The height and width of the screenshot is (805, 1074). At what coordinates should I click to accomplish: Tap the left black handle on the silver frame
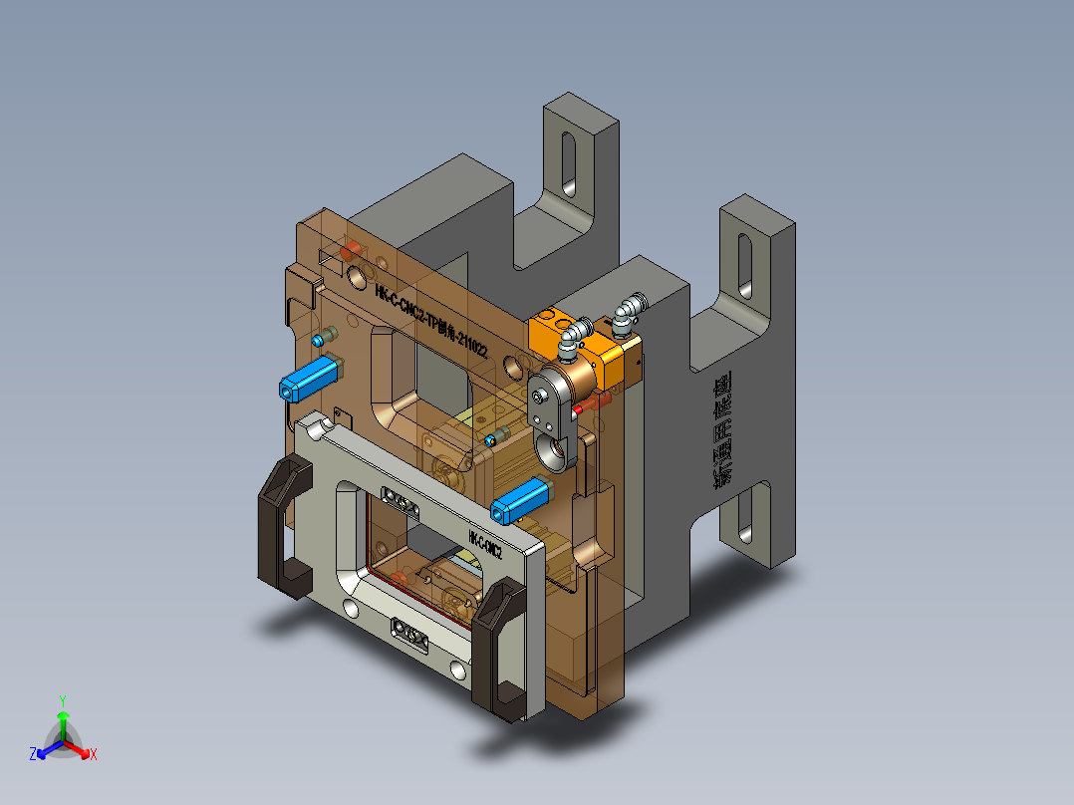tap(283, 528)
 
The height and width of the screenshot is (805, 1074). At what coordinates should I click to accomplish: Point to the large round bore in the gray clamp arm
tap(554, 453)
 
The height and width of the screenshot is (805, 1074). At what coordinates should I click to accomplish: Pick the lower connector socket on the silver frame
tap(410, 632)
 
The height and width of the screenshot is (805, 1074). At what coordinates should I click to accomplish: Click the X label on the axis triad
tap(94, 754)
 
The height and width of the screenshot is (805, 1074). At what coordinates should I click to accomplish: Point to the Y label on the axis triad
tap(62, 700)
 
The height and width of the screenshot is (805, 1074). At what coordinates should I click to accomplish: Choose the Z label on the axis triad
tap(33, 754)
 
